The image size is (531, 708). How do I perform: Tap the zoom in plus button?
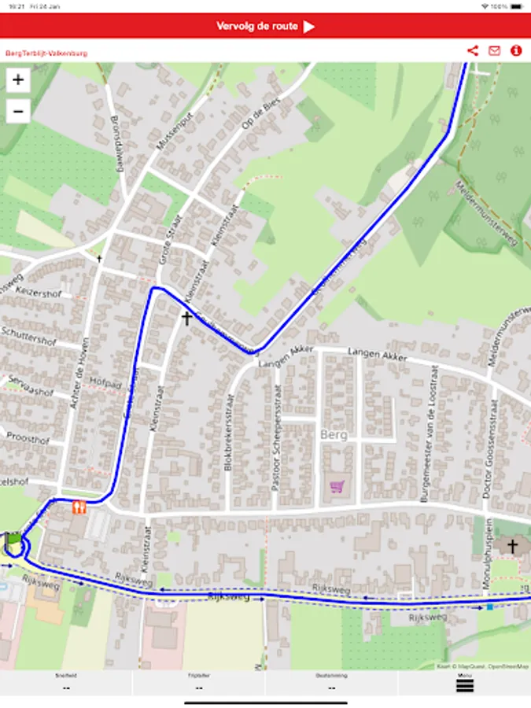pos(18,79)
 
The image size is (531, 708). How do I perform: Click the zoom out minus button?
pos(18,111)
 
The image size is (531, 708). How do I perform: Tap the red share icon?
pos(472,51)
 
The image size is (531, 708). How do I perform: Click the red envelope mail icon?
pos(494,51)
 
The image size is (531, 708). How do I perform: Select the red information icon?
pos(516,51)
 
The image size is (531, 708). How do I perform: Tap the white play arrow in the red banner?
pos(309,27)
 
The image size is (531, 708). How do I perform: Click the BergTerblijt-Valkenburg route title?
pos(46,53)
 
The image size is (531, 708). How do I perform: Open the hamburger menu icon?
pos(465,685)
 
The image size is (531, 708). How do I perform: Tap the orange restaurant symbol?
pos(78,507)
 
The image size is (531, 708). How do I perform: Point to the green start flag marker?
pos(13,540)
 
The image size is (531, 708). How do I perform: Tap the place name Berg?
pos(334,434)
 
